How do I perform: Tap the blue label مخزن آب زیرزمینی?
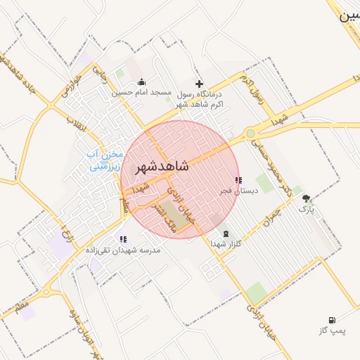coord(104,160)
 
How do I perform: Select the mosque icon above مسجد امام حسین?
coord(142,82)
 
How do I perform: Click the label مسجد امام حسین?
coord(143,92)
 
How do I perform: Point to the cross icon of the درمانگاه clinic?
coord(199,84)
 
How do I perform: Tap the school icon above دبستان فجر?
coord(238,180)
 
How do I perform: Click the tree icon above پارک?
coord(306,199)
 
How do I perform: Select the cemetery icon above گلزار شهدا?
coord(225,233)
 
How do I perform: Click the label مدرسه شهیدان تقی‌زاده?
coord(123,250)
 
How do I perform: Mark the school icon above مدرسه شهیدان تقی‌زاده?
coord(124,239)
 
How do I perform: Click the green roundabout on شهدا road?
coord(250,134)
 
